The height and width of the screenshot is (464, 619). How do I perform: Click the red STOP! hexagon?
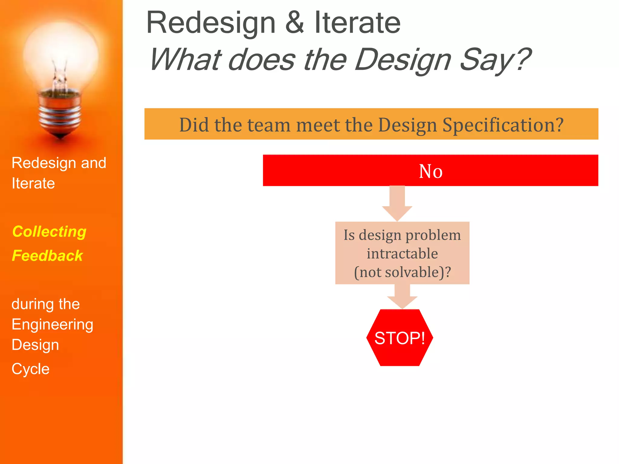coord(400,338)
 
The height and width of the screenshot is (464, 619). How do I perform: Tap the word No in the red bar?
coord(431,171)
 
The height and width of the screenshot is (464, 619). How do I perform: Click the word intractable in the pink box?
coord(402,253)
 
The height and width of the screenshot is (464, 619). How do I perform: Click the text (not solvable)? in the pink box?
coord(402,272)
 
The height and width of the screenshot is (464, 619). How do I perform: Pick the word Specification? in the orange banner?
coord(503,124)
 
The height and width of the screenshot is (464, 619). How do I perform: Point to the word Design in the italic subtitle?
coord(403,60)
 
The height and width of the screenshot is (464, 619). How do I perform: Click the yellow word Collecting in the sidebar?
coord(49,232)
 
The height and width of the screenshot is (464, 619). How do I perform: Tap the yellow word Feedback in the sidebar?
coord(47,256)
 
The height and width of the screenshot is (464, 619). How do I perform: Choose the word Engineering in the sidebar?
coord(52,325)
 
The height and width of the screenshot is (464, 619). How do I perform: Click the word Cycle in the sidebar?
coord(31,369)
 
